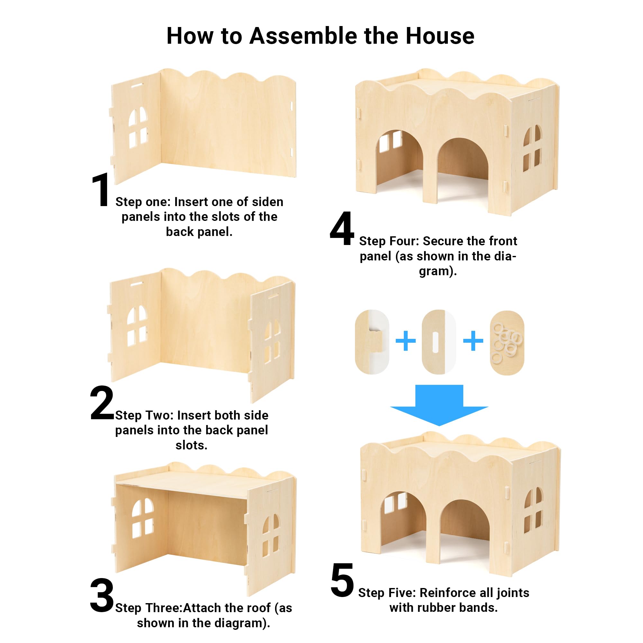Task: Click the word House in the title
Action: [440, 36]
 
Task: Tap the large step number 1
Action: [101, 190]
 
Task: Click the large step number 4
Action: [342, 229]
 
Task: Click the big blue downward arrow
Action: [439, 405]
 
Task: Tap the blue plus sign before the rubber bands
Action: [473, 340]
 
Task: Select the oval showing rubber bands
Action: [507, 343]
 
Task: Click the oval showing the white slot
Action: [439, 342]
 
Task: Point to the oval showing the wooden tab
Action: [372, 342]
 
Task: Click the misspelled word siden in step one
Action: [267, 202]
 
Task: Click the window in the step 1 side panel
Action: [138, 127]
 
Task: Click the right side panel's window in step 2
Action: [272, 342]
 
